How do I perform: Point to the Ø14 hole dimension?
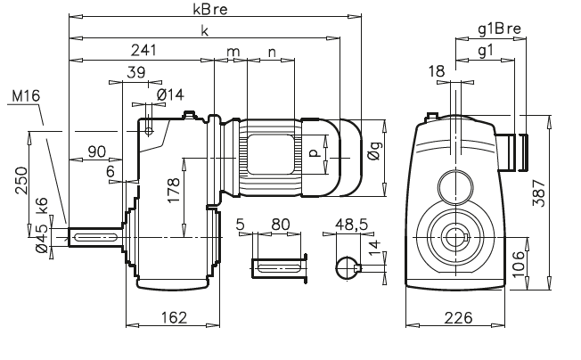coord(168,94)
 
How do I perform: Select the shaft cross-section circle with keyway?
coord(347,267)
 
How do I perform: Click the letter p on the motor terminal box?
coord(313,153)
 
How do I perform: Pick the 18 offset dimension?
coord(435,70)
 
